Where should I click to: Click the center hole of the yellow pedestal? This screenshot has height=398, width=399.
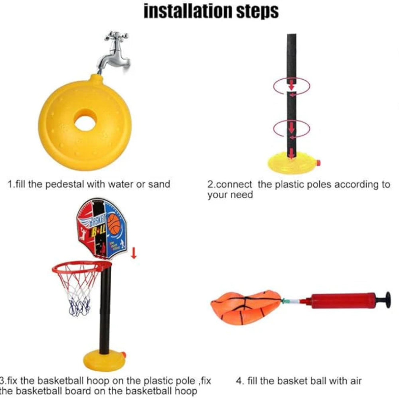click(x=85, y=123)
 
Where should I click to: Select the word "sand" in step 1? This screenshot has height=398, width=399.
click(x=159, y=184)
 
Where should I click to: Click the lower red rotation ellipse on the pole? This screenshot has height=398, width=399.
click(x=291, y=129)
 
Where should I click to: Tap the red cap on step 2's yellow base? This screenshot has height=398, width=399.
click(x=318, y=163)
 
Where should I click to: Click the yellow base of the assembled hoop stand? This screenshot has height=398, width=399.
click(x=103, y=360)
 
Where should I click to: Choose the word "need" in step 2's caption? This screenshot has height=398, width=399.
click(x=241, y=195)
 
